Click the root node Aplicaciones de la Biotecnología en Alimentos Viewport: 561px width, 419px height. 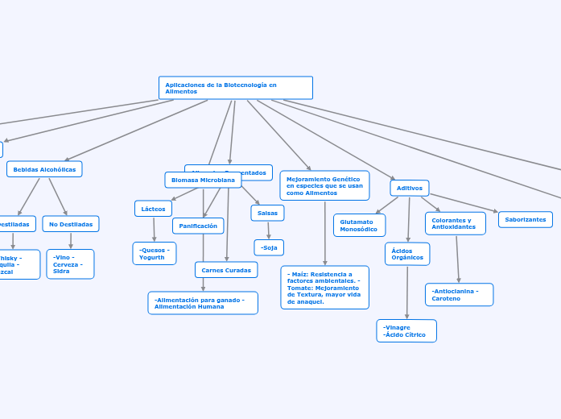235,88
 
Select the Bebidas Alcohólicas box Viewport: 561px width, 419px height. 44,169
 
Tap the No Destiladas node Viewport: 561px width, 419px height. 71,224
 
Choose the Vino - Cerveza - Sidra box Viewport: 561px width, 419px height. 70,264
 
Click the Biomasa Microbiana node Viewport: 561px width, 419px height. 203,180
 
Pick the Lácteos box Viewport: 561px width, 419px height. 153,209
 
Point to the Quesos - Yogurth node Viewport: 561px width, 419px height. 154,254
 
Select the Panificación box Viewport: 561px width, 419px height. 198,226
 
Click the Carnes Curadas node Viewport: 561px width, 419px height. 226,270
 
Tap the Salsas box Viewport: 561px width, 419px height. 267,213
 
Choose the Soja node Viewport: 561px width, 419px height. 269,247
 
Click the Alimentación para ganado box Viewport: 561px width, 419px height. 203,303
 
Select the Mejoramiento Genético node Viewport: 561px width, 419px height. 324,185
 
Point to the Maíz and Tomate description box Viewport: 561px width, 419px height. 324,288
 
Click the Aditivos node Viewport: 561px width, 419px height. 410,188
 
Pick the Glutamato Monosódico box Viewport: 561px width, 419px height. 359,226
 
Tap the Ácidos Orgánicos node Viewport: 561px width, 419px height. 407,254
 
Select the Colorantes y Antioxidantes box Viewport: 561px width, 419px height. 456,223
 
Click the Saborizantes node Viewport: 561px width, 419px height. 526,219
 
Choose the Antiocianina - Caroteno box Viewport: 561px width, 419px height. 459,295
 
